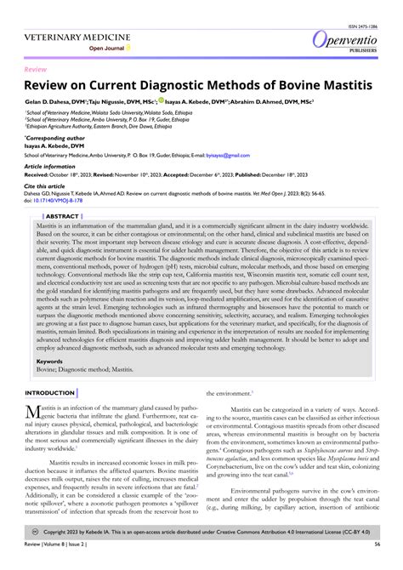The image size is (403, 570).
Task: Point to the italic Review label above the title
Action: (36, 67)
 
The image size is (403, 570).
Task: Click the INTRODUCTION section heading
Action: (50, 393)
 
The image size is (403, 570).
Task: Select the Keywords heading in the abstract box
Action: (50, 361)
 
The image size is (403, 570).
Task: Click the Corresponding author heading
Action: (55, 136)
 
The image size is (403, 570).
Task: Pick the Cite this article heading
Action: (46, 185)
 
